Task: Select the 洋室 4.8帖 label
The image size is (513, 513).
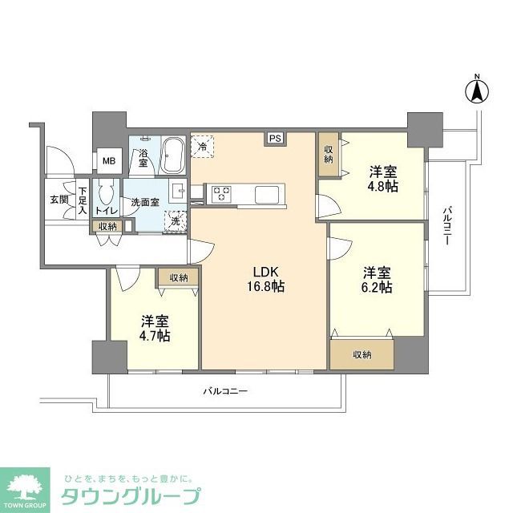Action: click(382, 179)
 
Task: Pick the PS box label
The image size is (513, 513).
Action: click(275, 138)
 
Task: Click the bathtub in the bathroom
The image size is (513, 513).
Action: click(172, 156)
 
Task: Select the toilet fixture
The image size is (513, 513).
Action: click(107, 196)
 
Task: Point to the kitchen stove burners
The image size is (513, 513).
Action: click(221, 194)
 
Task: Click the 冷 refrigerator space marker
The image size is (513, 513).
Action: click(204, 145)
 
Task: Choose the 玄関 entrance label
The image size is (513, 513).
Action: click(59, 199)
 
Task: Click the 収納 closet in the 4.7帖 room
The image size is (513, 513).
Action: click(178, 277)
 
